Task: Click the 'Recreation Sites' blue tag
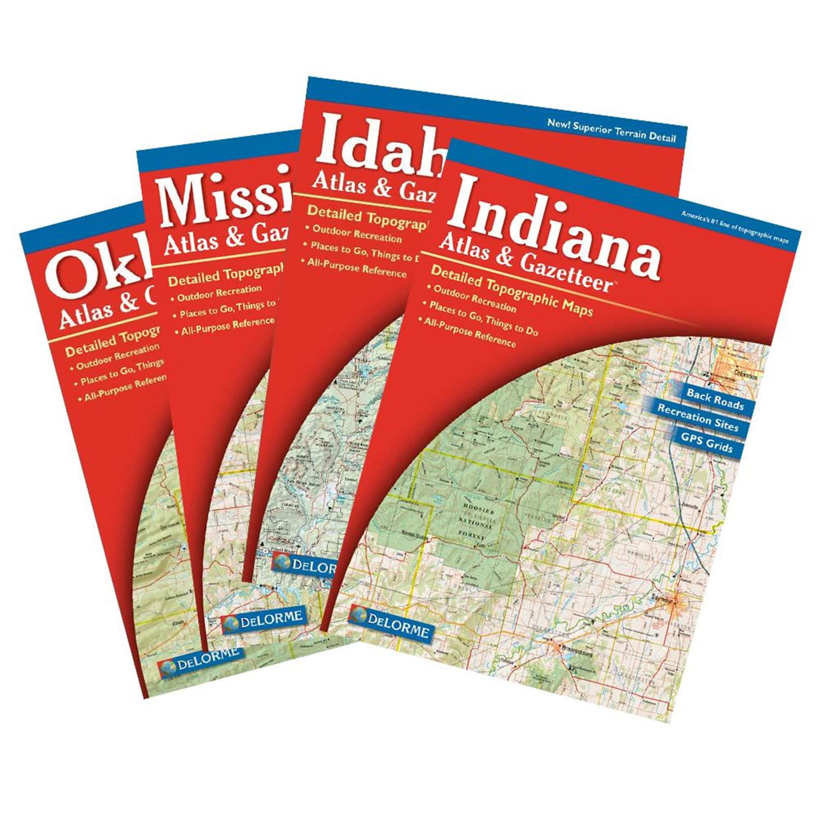click(698, 417)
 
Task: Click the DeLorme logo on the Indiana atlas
click(390, 623)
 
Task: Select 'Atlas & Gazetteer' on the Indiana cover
click(525, 265)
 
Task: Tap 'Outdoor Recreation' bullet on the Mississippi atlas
click(219, 292)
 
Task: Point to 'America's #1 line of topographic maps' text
click(734, 227)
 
